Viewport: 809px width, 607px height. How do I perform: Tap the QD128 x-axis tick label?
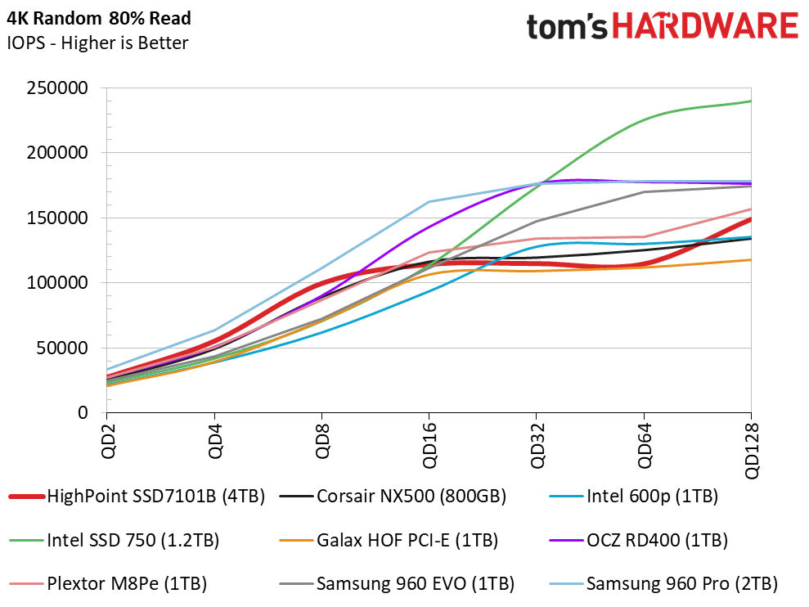(x=752, y=451)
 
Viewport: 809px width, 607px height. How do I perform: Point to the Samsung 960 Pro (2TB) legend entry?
(x=681, y=584)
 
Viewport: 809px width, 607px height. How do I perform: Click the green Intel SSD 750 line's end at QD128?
(x=750, y=101)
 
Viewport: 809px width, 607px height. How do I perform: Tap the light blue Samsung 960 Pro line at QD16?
(x=429, y=201)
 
